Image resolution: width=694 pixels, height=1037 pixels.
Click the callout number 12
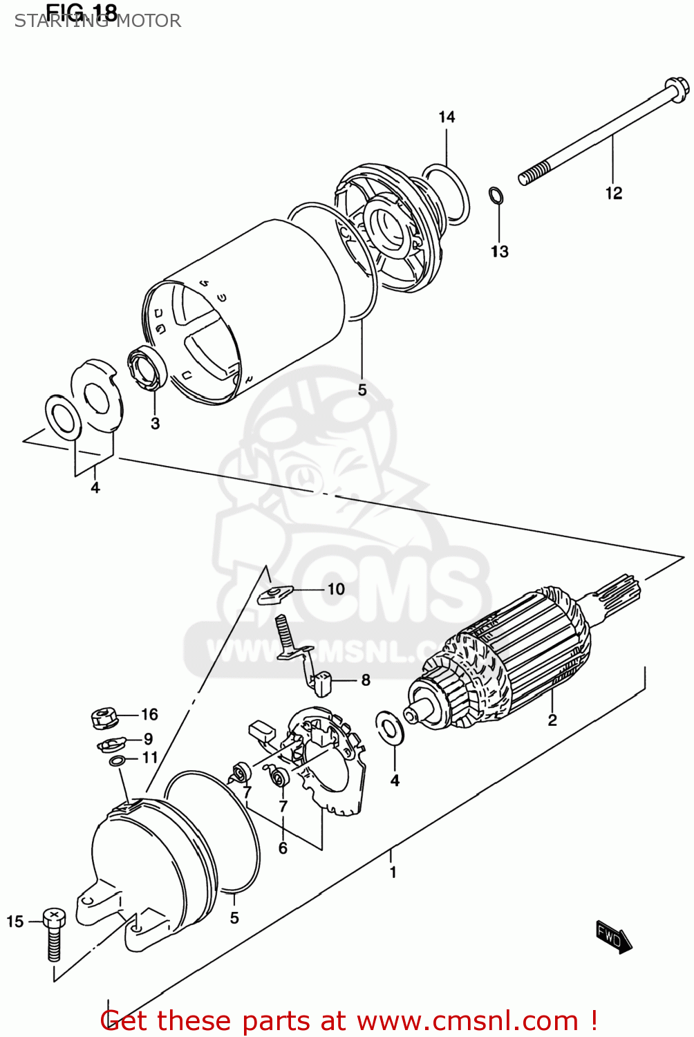(x=613, y=193)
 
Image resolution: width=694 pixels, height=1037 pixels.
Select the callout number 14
(x=447, y=117)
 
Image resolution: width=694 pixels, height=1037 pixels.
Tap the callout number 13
(x=499, y=252)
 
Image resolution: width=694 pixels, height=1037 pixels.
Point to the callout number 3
(x=155, y=423)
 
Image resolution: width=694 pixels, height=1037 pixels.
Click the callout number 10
(x=336, y=589)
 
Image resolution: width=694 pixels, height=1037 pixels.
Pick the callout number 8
(x=366, y=680)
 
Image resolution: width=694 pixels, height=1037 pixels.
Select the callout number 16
(x=149, y=714)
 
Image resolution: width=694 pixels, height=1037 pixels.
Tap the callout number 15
(x=15, y=922)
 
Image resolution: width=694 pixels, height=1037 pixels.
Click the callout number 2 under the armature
(x=552, y=720)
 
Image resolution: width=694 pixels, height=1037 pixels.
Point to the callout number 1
(x=393, y=872)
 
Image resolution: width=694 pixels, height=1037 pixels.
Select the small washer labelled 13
(x=496, y=196)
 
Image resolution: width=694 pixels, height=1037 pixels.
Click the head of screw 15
(x=53, y=917)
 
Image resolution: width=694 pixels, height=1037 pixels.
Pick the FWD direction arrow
(x=613, y=937)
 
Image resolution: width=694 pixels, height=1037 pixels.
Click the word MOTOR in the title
(x=148, y=21)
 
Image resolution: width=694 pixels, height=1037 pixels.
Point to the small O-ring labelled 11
(x=118, y=761)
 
